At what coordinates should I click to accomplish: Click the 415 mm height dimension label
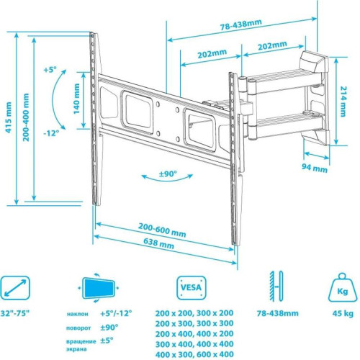click(9, 117)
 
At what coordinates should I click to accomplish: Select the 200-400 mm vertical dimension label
click(26, 117)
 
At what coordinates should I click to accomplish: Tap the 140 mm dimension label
click(76, 99)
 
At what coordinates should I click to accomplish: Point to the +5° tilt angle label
click(50, 70)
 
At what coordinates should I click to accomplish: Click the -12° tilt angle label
click(51, 132)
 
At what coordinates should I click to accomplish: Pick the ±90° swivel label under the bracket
click(168, 174)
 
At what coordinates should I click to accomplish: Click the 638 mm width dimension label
click(158, 243)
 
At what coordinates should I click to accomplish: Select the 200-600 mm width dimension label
click(162, 230)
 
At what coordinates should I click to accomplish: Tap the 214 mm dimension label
click(343, 102)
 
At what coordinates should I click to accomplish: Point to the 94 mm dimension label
click(315, 168)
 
